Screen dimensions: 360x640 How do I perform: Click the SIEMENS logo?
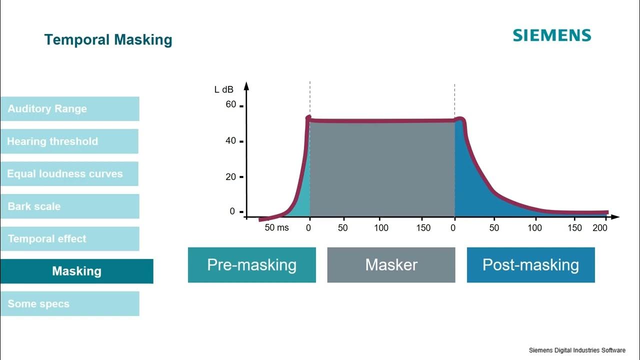point(551,35)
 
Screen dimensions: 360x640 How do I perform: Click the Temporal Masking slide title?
point(108,40)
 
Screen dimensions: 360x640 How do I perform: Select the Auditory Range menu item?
point(69,109)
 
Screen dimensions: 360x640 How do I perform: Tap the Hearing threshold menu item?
point(69,141)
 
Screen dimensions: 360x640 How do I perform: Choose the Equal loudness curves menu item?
point(69,174)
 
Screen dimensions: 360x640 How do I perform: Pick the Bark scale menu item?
point(69,206)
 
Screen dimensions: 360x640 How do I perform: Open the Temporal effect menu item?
point(69,239)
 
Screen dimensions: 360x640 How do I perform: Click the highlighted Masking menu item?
point(76,271)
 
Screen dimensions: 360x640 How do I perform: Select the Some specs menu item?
point(69,304)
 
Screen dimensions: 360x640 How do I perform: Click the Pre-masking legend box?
point(251,265)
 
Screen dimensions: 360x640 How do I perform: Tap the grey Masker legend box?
point(391,265)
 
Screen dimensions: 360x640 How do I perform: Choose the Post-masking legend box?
point(530,265)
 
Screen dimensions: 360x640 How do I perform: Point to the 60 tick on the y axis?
point(231,105)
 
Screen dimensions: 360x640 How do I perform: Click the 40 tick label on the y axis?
point(230,141)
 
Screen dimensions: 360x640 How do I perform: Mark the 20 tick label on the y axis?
point(230,177)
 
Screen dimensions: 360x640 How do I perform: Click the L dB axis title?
point(224,89)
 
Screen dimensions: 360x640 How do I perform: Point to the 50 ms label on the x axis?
point(276,228)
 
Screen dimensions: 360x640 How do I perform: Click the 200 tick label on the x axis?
point(599,228)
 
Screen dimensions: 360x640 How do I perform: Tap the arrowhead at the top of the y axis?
point(246,85)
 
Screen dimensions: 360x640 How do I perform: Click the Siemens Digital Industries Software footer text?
point(577,350)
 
